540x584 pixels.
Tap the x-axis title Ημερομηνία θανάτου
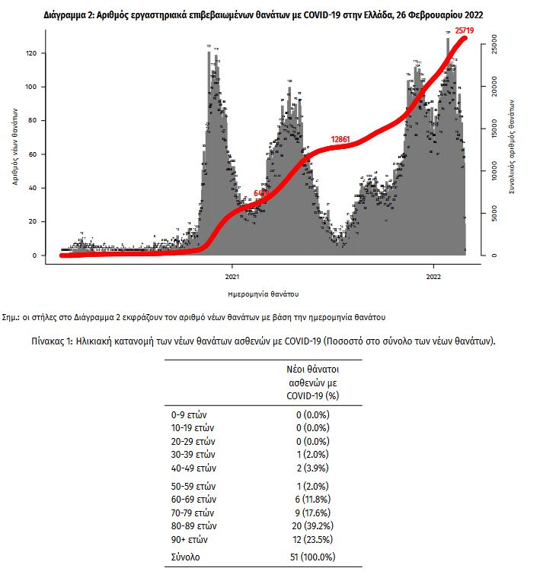pyautogui.click(x=263, y=293)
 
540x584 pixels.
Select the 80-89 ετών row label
pyautogui.click(x=195, y=525)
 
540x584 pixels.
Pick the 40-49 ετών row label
pyautogui.click(x=195, y=468)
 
